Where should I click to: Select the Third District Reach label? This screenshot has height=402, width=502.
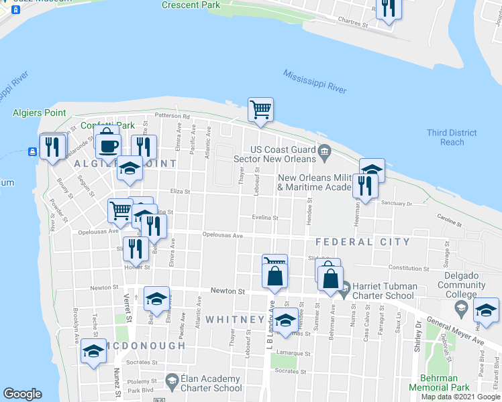pos(452,137)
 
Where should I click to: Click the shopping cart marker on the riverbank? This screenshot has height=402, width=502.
pos(260,109)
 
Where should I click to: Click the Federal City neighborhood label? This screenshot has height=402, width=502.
pos(362,242)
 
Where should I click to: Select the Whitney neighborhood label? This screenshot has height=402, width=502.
pos(235,320)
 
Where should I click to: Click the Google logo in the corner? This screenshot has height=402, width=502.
pos(22,394)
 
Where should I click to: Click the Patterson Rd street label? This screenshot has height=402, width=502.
pos(172,116)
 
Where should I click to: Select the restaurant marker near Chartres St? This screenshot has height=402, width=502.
pos(388,7)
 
